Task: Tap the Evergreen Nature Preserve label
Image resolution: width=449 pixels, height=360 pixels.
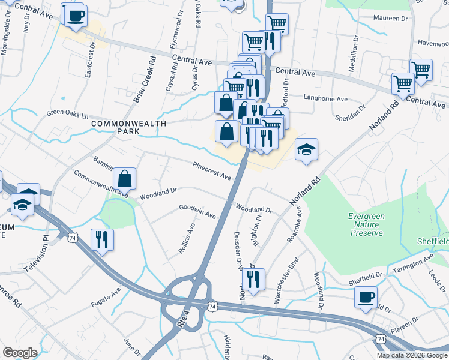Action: click(x=367, y=225)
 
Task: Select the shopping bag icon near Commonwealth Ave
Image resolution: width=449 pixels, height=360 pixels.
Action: click(x=124, y=179)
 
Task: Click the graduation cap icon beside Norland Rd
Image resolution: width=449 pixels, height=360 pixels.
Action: click(x=306, y=149)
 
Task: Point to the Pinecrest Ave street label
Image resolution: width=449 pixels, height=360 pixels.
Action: click(x=212, y=171)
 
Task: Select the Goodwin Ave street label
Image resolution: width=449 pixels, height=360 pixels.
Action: click(x=197, y=211)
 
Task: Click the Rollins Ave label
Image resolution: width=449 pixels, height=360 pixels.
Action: click(x=187, y=238)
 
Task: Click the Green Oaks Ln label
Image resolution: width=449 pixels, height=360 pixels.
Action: click(x=67, y=113)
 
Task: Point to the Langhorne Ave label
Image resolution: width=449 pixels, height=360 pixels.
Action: click(x=325, y=98)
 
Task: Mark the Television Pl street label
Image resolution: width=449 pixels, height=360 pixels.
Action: click(x=36, y=254)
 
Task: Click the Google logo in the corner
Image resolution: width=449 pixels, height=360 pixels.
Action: click(x=20, y=352)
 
